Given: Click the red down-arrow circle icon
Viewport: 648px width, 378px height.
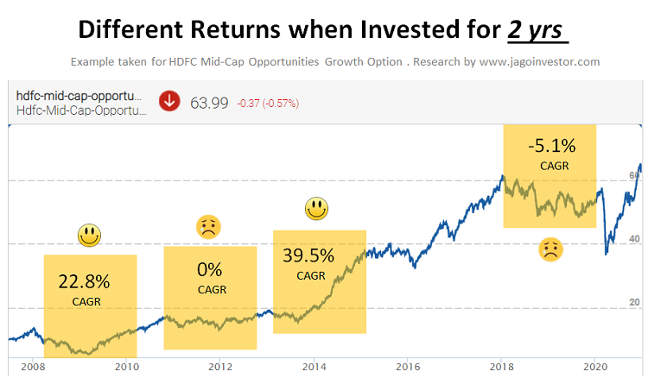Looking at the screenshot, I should coord(169,102).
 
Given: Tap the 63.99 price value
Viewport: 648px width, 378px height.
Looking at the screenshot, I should coord(209,103).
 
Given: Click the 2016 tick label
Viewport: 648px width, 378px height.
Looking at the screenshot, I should coord(407,365).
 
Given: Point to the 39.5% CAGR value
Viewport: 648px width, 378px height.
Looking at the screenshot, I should coord(309,255).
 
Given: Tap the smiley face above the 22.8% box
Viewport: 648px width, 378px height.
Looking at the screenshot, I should coord(89,234).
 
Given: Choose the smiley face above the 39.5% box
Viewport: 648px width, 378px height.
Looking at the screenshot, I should coord(317,208).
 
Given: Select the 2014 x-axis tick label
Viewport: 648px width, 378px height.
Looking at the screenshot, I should coord(313,365).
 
